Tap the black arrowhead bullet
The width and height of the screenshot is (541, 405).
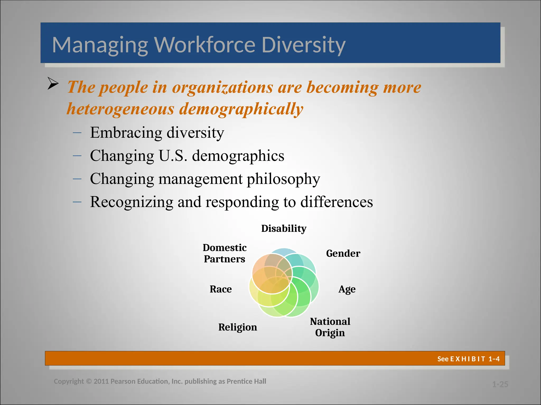(x=53, y=84)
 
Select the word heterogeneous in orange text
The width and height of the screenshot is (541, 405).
(x=120, y=109)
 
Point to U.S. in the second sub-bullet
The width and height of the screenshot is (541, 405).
(x=173, y=156)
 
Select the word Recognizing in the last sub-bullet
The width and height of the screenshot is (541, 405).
(x=131, y=202)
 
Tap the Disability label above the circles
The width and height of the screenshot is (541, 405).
(x=284, y=228)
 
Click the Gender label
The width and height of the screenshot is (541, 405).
(x=343, y=253)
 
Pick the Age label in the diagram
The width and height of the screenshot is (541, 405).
(x=347, y=289)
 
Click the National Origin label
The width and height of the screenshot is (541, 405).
(x=330, y=327)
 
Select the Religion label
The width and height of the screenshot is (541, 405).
(x=237, y=327)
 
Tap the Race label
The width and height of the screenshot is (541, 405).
(x=221, y=289)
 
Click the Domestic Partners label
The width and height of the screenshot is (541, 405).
(x=225, y=253)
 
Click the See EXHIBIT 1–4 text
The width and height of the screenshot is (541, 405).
(x=468, y=359)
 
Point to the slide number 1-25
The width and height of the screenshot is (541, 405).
(x=500, y=384)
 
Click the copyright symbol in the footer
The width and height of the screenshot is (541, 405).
(x=89, y=382)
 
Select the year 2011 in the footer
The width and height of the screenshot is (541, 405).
(x=101, y=382)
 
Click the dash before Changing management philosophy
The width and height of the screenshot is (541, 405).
(x=77, y=179)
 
